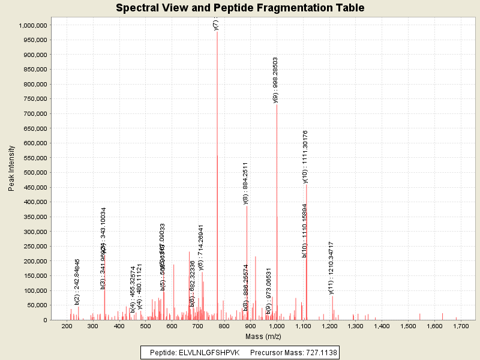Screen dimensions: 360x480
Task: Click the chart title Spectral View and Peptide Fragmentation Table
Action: (x=239, y=8)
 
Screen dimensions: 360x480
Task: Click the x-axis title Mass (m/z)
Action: (x=263, y=337)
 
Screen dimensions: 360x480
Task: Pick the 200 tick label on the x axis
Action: (x=67, y=326)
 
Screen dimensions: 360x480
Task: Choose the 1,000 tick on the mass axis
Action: (x=277, y=326)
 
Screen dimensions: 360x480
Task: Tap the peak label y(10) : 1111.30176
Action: (x=305, y=156)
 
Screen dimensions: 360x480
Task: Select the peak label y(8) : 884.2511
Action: (x=245, y=184)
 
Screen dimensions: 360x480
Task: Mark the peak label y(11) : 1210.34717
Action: (x=331, y=268)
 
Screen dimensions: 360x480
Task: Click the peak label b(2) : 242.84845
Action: (x=77, y=281)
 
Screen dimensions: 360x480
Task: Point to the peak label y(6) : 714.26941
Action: (x=201, y=247)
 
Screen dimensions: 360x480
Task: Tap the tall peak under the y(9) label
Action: (x=277, y=210)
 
